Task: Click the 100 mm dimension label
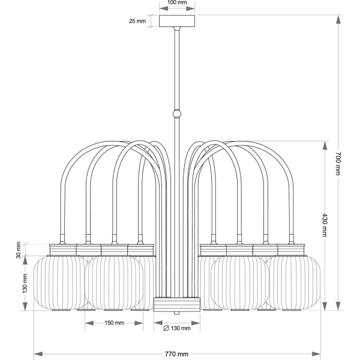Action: [177, 2]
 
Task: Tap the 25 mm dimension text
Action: [137, 21]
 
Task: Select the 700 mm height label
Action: [338, 164]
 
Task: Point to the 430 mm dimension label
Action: [325, 225]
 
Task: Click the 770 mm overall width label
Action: [176, 354]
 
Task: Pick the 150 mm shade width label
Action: [115, 323]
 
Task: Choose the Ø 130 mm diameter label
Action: [177, 328]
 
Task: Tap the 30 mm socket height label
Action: [19, 250]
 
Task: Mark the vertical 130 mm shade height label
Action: [25, 283]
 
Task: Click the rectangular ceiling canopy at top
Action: [177, 21]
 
